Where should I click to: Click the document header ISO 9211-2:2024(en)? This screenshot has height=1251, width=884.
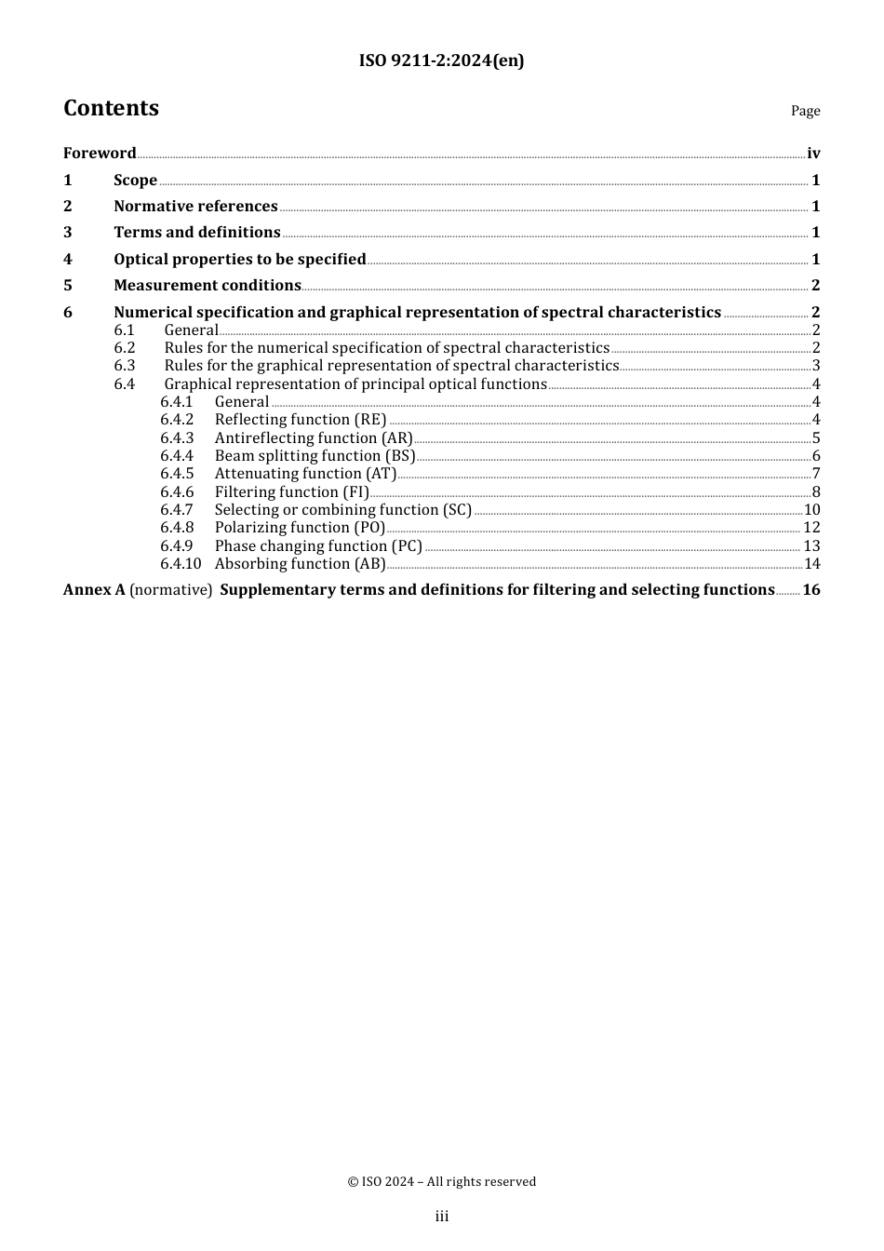(441, 61)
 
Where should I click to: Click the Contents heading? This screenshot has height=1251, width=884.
(111, 108)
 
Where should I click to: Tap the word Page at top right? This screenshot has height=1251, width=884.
(805, 111)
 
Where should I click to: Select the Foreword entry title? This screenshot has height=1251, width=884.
(100, 154)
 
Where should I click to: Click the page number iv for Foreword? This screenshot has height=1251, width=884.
(813, 154)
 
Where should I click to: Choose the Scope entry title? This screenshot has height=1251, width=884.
(135, 181)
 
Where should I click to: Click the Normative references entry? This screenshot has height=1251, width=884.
(195, 207)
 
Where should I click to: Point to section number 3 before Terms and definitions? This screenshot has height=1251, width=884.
(68, 233)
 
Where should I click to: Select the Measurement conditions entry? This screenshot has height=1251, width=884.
(207, 286)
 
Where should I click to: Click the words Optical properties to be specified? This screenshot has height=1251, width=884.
(239, 260)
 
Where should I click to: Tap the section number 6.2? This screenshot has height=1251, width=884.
(125, 348)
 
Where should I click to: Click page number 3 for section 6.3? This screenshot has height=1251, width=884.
(816, 366)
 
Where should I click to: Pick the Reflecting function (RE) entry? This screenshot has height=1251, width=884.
(300, 420)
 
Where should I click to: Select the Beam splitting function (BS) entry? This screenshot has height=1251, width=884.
(315, 456)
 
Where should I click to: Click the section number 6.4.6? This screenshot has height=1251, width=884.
(177, 492)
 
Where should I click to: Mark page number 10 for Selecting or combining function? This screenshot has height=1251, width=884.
(811, 510)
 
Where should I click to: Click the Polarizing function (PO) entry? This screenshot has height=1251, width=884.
(300, 528)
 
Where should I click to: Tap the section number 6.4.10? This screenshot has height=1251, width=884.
(181, 564)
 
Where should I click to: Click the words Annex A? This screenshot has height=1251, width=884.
(94, 590)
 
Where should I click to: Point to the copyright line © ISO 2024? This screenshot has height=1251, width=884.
(441, 1182)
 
